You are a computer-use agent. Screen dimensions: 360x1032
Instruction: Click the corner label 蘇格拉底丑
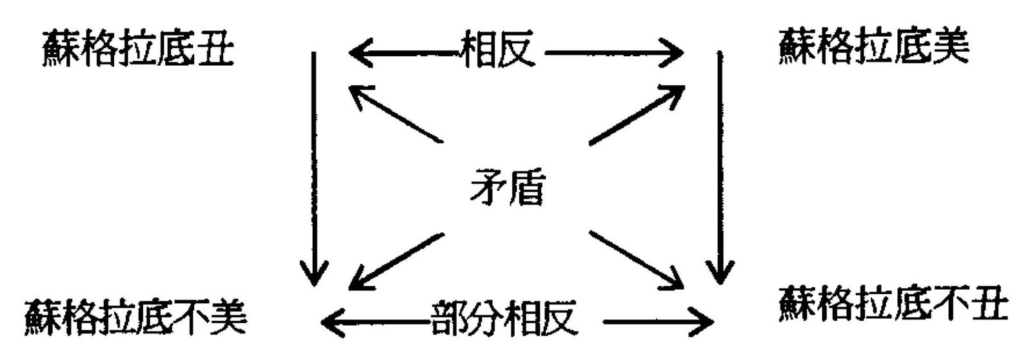coord(137,48)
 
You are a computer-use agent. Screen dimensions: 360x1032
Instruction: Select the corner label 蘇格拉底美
coord(873,46)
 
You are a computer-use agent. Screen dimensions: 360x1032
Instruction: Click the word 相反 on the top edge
coord(497,50)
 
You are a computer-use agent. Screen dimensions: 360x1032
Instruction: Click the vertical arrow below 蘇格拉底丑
coord(314,168)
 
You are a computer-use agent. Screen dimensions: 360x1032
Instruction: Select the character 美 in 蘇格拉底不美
coord(228,317)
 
